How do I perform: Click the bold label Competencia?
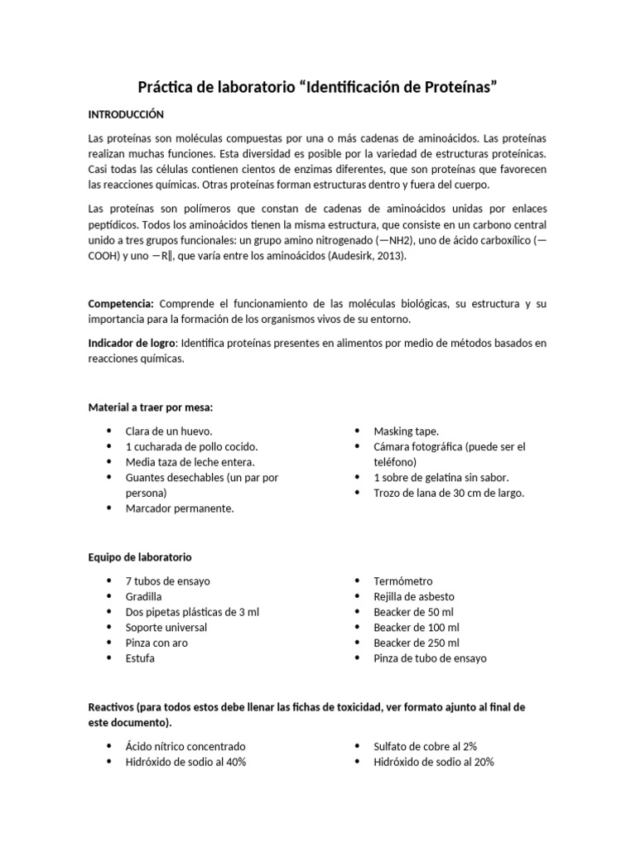tap(121, 304)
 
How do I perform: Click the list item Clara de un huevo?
tap(169, 431)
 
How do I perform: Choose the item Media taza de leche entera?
tap(190, 462)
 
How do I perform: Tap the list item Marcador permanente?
tap(179, 508)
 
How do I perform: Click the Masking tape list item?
tap(406, 431)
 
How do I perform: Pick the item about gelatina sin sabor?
tap(441, 478)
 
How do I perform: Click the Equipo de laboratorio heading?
tap(140, 557)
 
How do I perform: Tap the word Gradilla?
tap(143, 596)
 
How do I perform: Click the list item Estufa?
tap(139, 658)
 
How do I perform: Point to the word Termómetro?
tap(402, 581)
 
